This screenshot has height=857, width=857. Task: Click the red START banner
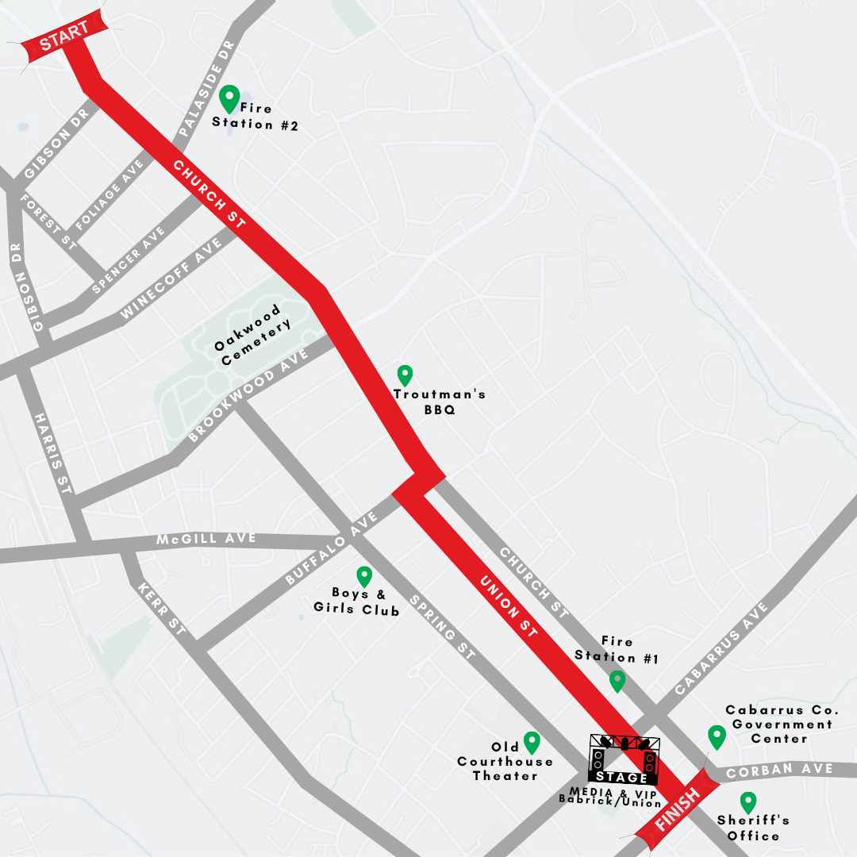63,37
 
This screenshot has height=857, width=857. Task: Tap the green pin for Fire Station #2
229,98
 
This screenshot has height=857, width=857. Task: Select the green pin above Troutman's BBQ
405,375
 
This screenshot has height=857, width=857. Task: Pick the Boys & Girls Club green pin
364,576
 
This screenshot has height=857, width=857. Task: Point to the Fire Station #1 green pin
617,681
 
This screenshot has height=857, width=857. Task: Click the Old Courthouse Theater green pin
532,742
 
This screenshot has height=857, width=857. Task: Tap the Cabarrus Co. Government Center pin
717,736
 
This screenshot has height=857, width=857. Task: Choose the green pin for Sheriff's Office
747,802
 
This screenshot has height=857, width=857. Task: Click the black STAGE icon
624,760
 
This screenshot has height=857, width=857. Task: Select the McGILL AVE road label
206,540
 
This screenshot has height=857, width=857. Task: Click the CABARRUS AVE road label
722,649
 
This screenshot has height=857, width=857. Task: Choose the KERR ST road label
163,610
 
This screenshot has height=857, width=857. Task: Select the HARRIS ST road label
54,452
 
